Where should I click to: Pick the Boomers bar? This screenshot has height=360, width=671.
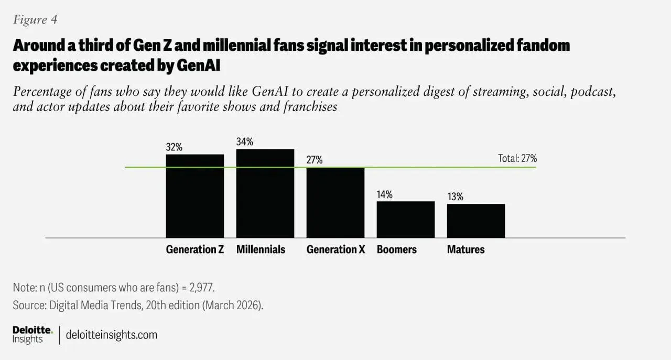point(405,220)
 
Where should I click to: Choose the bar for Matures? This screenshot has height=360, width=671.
point(475,221)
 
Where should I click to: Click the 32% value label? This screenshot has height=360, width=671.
point(174,147)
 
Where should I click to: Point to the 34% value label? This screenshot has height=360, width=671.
point(244,142)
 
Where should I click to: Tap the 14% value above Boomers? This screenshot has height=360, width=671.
point(384,194)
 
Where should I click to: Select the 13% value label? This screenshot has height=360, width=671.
point(455,197)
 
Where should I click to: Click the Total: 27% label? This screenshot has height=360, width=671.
point(517,158)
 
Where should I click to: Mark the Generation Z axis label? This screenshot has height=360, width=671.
point(195,249)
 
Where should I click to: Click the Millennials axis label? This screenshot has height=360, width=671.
point(261,249)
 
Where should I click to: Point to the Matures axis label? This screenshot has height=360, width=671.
point(466,249)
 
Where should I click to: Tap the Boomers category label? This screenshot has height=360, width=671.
point(396,249)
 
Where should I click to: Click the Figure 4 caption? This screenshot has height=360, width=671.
point(35,20)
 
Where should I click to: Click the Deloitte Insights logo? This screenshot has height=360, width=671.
point(33,334)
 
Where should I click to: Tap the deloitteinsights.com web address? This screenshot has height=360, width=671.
point(111,335)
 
